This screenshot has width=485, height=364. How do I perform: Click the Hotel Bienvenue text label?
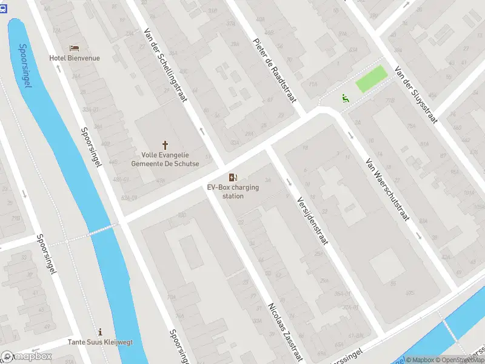point(75,58)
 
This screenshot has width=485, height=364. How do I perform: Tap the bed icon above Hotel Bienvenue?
point(74,48)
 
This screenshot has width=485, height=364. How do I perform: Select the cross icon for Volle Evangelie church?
point(165,145)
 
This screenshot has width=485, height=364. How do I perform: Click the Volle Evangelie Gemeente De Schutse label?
point(165,159)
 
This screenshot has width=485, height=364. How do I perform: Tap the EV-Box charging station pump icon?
point(233,177)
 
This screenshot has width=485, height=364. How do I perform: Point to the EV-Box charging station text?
point(233,192)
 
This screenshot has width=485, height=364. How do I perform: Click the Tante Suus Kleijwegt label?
point(100,342)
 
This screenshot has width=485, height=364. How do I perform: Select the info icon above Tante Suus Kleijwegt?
point(100,332)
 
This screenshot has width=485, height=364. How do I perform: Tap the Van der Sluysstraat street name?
point(415,94)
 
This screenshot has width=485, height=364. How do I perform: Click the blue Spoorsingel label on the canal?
point(25,65)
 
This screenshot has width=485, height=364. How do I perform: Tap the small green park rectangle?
point(370,79)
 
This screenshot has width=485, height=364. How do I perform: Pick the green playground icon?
point(345,98)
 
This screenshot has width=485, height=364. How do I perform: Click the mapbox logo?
point(27,357)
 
